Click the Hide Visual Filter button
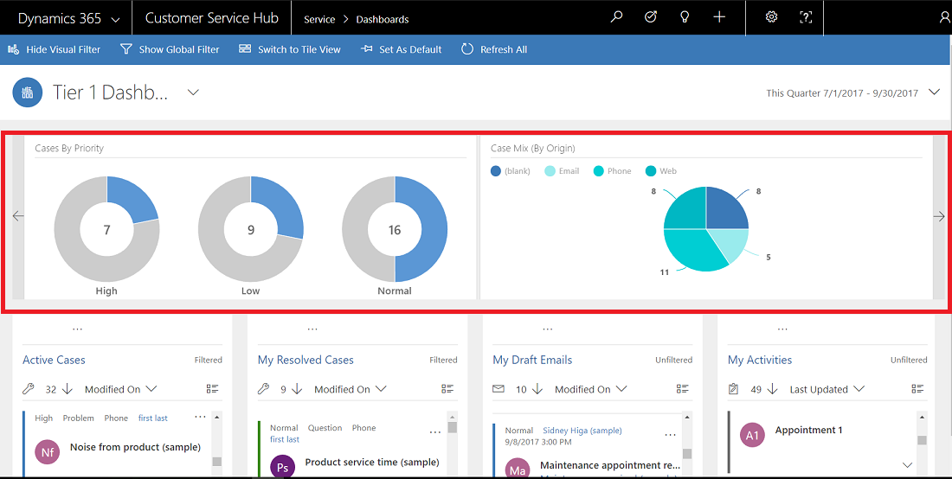coord(55,49)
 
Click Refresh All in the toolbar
coord(494,49)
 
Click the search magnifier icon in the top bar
coord(616,17)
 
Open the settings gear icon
coord(772,17)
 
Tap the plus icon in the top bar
coord(719,17)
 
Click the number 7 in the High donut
coord(106,230)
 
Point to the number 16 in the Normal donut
coord(395,230)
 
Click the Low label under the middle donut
coord(250,291)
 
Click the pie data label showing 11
coord(665,271)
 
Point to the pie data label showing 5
coord(768,257)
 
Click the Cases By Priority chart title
coord(69,149)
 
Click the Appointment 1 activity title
coord(808,430)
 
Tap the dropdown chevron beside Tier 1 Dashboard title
coord(193,93)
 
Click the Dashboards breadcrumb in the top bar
coord(382,19)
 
